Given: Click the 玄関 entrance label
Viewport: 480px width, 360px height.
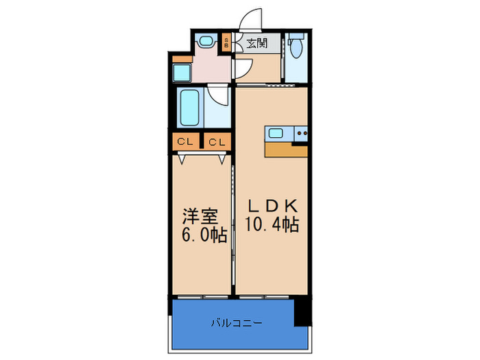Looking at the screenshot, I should (257, 44).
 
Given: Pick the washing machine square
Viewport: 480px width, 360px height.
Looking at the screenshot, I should (182, 71).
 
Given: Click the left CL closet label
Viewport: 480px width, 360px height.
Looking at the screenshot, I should (184, 143).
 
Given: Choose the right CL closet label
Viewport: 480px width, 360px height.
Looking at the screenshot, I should (216, 143).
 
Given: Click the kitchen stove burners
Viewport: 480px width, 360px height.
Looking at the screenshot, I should (301, 133).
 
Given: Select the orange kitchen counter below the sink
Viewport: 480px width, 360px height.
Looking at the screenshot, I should (286, 150).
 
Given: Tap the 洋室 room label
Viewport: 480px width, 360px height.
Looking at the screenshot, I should (200, 216).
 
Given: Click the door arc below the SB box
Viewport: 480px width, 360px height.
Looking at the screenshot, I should (243, 68).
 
